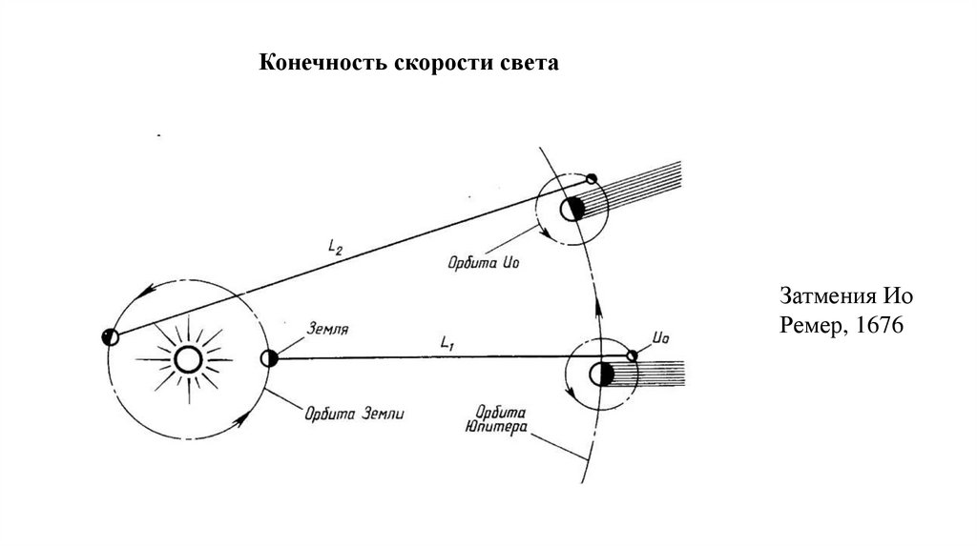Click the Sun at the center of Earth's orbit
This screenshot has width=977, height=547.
186,358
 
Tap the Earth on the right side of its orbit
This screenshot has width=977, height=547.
269,358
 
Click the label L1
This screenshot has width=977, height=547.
448,340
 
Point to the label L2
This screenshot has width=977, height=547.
336,248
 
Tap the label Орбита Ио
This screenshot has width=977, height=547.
481,260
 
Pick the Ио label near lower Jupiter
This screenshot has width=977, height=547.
662,336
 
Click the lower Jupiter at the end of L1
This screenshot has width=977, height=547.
602,374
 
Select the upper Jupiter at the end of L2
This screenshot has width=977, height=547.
573,209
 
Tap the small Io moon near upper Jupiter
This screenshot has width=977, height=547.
592,178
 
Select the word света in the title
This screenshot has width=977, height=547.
529,64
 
